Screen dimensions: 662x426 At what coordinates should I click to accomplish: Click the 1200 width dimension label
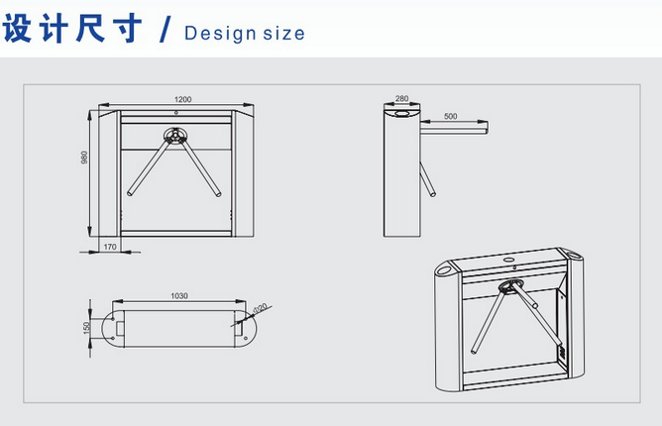182,99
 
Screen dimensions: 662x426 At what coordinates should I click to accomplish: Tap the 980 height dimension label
84,158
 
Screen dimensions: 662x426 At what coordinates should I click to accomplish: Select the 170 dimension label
110,247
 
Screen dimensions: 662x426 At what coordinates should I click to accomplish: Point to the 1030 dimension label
179,295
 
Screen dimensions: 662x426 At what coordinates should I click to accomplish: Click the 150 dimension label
87,328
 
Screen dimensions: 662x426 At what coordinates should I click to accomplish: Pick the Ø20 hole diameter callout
260,309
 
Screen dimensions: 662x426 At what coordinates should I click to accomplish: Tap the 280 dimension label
402,98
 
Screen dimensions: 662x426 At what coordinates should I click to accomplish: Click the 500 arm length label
451,116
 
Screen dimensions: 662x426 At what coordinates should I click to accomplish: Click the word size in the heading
283,34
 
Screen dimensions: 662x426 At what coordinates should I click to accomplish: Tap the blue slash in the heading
165,29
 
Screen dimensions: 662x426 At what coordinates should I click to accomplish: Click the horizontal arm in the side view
454,129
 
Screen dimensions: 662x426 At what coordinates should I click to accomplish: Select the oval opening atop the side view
402,113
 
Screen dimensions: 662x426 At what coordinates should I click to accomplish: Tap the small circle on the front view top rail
176,113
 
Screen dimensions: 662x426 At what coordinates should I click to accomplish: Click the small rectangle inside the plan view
120,328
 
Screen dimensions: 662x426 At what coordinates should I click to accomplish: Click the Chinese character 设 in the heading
17,28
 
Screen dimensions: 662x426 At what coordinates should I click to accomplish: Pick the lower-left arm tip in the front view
130,194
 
